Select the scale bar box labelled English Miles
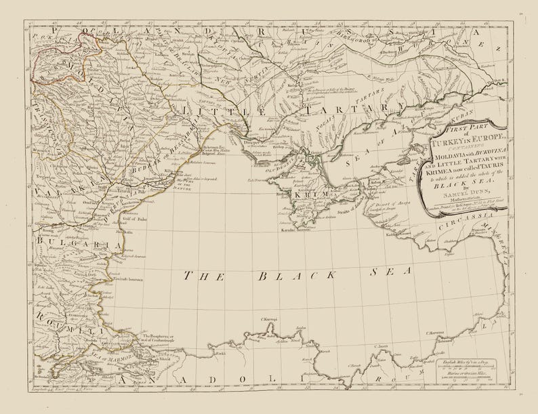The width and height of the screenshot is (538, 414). point(463,372)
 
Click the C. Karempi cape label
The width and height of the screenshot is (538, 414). point(270,318)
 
